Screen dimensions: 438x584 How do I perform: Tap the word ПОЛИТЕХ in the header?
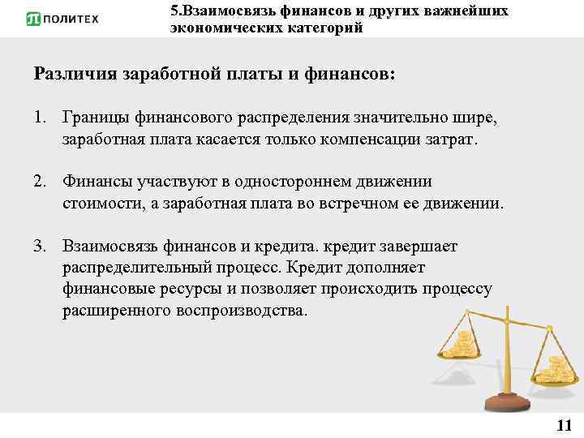click(x=71, y=19)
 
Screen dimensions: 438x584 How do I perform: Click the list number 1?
click(x=39, y=119)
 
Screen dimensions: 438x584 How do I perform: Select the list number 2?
click(x=39, y=182)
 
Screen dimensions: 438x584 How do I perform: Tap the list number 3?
click(x=39, y=246)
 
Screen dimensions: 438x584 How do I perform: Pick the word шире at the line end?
click(x=479, y=119)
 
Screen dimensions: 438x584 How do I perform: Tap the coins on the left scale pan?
click(x=464, y=345)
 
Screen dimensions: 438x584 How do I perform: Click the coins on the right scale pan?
click(x=556, y=369)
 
